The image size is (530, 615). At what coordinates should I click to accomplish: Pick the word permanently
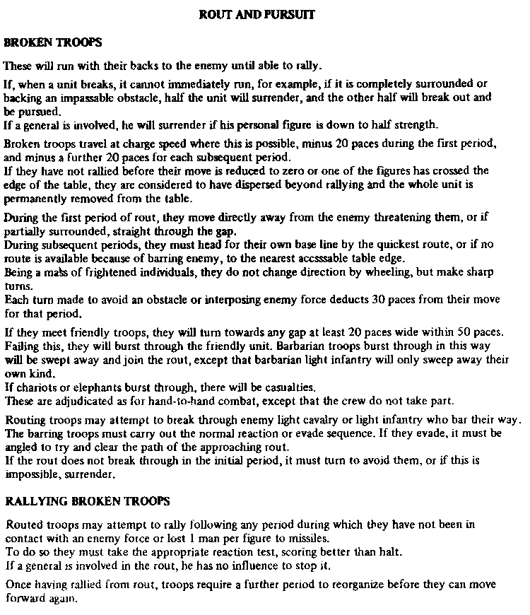[33, 199]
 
